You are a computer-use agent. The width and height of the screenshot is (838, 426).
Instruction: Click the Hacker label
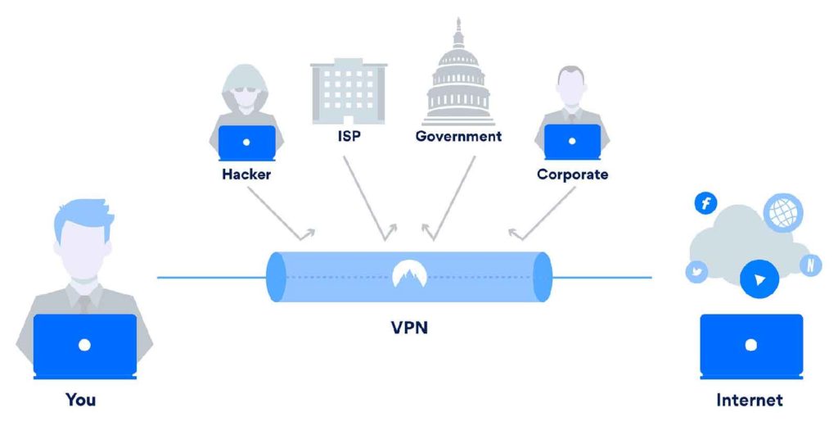tap(246, 174)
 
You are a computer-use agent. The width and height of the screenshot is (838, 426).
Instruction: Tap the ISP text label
tap(349, 136)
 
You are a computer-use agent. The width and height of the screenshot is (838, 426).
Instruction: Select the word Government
tap(458, 136)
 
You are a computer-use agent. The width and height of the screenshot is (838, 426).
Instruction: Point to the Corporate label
tap(572, 174)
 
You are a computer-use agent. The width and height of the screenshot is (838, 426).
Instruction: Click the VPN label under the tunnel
tap(409, 327)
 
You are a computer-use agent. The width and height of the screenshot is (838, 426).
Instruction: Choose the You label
tap(81, 399)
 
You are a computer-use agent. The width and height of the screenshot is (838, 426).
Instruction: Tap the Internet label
tap(750, 400)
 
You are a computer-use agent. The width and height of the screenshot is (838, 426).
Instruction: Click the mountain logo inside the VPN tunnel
tap(409, 274)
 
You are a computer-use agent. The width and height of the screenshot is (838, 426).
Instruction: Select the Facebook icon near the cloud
tap(706, 203)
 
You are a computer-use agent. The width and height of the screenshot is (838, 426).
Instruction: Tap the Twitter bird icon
tap(696, 272)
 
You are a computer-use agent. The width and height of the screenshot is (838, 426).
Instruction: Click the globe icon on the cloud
tap(783, 212)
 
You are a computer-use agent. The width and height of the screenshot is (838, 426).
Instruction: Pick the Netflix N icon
tap(811, 265)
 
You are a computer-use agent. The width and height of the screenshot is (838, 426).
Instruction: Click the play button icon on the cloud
tap(759, 279)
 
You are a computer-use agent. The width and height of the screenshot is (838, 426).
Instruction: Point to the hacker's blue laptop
tap(246, 143)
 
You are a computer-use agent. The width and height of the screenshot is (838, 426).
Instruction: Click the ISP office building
tap(349, 92)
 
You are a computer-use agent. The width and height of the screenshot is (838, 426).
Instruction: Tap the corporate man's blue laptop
tap(572, 142)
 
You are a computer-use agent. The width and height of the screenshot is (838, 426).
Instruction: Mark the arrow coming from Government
tap(449, 198)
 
